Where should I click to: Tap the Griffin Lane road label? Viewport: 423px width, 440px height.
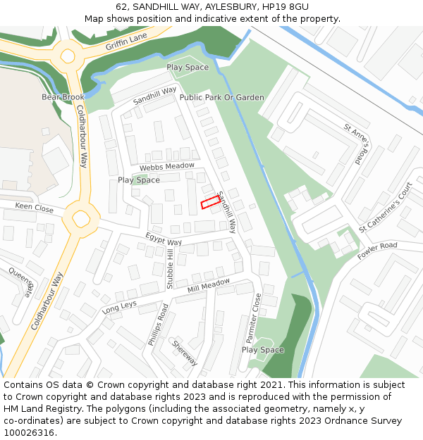[126, 42]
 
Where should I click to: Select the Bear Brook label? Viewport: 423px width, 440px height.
[63, 97]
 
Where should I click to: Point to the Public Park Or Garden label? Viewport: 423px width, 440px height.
[222, 97]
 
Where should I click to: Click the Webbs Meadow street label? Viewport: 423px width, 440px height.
[166, 167]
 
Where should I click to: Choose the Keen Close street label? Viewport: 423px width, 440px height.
[34, 208]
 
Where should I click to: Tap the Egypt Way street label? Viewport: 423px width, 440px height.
[164, 239]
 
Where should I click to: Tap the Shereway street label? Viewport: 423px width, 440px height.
[185, 352]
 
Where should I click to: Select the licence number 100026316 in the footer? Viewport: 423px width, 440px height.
[30, 433]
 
